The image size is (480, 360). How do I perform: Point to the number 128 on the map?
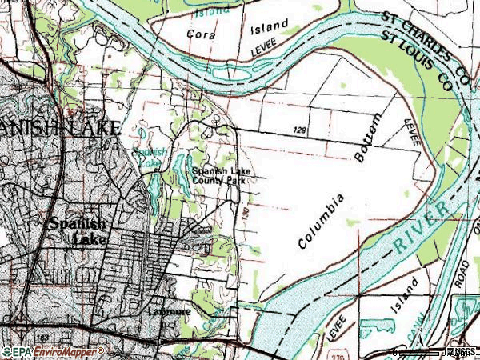tap(300, 129)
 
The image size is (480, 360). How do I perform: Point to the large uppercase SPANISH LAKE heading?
tap(60, 127)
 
